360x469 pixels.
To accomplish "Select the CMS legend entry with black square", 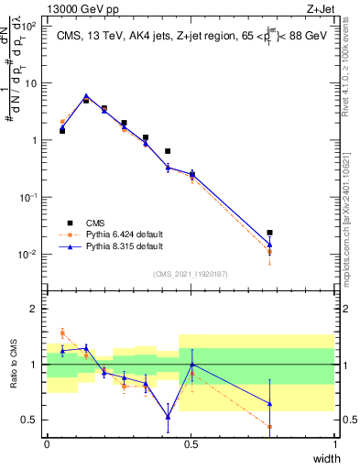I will coord(102,222).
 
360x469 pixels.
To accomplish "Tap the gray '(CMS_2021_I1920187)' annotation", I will coord(190,274).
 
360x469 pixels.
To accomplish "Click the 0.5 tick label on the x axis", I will coord(191,444).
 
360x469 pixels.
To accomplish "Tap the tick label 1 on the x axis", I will coord(335,444).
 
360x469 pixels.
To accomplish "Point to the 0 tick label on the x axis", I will coord(48,444).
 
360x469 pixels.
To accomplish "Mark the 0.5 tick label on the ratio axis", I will coord(30,420).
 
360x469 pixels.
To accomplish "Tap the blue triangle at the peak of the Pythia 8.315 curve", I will coord(86,95).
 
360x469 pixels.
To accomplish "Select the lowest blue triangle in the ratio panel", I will coord(168,417).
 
